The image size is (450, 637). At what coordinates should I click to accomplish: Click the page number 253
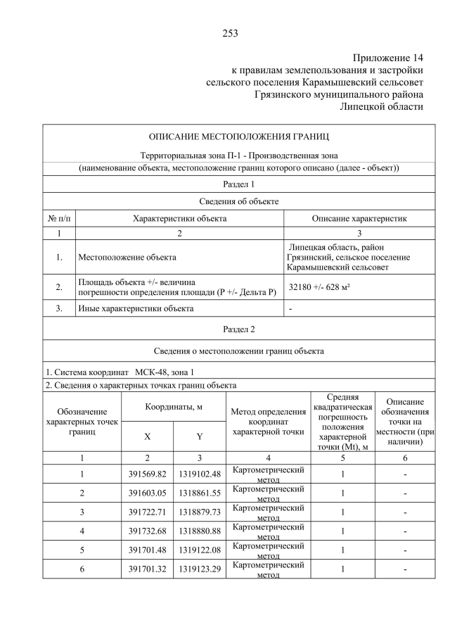point(230,33)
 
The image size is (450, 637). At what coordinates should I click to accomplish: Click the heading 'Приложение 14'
point(388,58)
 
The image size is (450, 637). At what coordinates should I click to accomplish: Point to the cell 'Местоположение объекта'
point(127,258)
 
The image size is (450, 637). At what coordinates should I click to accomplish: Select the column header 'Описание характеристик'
point(359,219)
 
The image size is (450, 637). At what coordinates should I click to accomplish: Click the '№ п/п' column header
point(59,219)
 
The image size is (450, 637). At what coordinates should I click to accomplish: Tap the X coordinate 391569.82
point(148,474)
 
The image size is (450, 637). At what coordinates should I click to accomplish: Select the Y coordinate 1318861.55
point(199,493)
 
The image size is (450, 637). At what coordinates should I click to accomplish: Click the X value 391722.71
point(148,512)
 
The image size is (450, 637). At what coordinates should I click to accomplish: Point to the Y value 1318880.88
point(199,531)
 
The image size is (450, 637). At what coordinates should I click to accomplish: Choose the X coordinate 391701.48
point(148,550)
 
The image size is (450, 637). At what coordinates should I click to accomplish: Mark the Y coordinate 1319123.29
point(199,569)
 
